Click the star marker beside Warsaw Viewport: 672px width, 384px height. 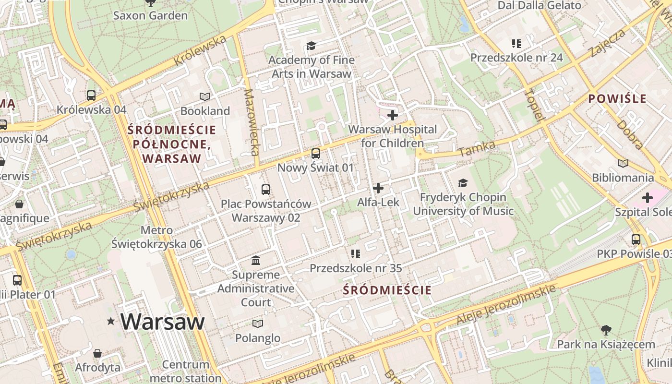(111, 321)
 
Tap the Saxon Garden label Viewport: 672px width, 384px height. (150, 15)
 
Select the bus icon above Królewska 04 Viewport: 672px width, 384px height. (91, 95)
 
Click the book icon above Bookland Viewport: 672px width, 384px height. (205, 96)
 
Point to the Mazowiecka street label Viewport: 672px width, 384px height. (252, 122)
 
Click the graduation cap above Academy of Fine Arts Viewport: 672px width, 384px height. (312, 46)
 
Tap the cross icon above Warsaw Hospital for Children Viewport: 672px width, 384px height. (393, 115)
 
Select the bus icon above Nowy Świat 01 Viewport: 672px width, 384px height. (315, 154)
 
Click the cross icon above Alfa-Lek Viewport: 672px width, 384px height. (378, 188)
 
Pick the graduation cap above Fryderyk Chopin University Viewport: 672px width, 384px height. (463, 183)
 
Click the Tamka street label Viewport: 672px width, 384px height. (477, 149)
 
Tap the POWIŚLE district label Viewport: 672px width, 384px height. (617, 99)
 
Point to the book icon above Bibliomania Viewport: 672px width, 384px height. (623, 163)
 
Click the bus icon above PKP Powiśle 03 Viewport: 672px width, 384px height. (636, 239)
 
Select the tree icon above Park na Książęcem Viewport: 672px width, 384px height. (606, 330)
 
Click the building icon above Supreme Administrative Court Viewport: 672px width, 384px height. (256, 260)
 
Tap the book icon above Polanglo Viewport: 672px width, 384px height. (258, 324)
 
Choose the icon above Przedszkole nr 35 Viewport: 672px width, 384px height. (355, 253)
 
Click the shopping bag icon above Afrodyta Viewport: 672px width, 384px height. (97, 353)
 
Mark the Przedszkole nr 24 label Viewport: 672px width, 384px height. (516, 58)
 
